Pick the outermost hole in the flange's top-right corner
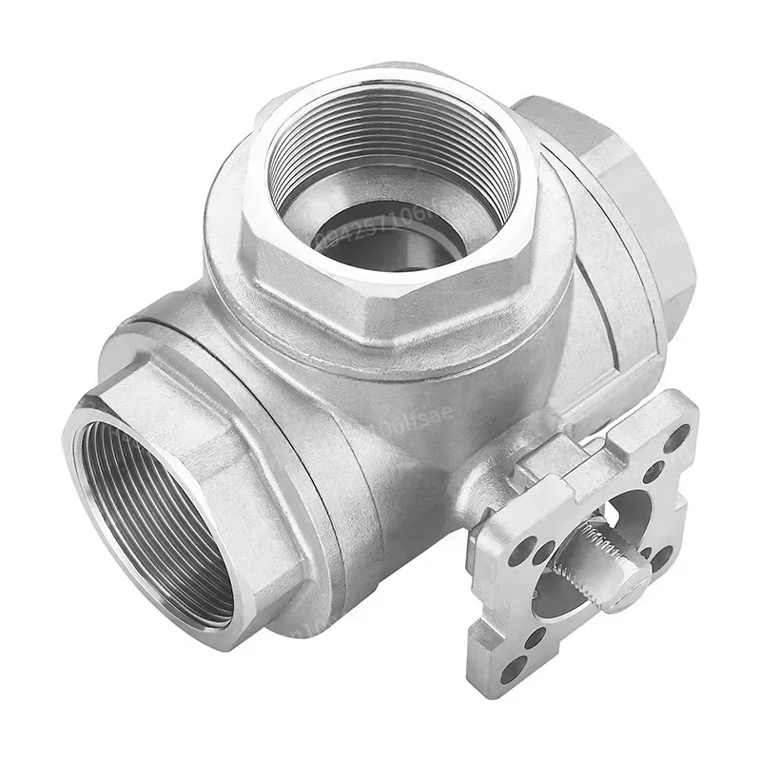point(676,439)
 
